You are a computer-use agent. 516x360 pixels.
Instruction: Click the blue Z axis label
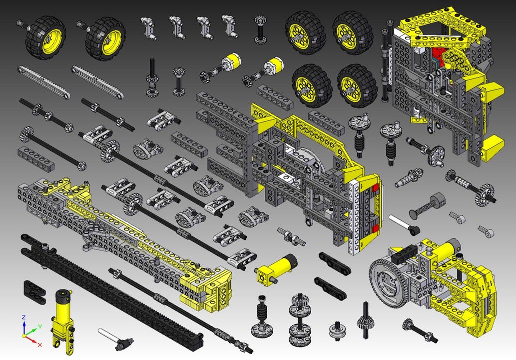pyautogui.click(x=23, y=317)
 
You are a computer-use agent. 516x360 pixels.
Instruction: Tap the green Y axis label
pyautogui.click(x=39, y=326)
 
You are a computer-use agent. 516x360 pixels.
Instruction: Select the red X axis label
pyautogui.click(x=40, y=344)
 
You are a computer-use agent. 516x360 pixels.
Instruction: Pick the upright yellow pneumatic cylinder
pyautogui.click(x=63, y=320)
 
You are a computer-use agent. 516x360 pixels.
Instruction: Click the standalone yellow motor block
pyautogui.click(x=276, y=268)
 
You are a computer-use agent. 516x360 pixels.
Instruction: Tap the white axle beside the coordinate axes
pyautogui.click(x=115, y=338)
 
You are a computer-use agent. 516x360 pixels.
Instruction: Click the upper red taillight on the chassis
pyautogui.click(x=375, y=188)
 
